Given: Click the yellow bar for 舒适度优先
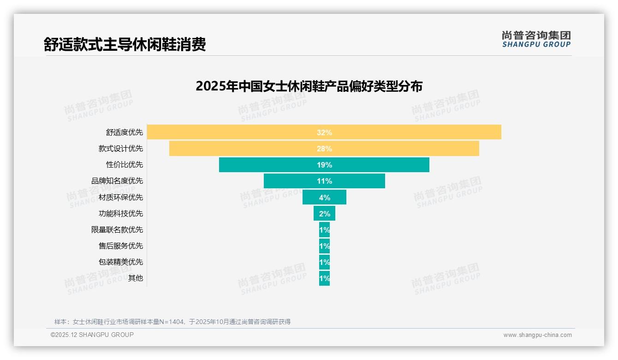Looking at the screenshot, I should (231, 132).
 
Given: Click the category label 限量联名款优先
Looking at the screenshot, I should (117, 229).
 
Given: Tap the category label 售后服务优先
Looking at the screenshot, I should (121, 246).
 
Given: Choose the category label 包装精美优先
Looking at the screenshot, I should (121, 262).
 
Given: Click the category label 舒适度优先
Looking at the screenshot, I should (125, 132).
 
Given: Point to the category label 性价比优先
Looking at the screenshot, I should (125, 165).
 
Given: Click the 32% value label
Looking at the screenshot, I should (324, 132).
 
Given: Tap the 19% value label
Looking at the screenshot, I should (324, 165).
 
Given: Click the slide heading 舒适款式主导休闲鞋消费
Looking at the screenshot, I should (125, 44).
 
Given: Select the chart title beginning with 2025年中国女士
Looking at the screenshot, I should (309, 86).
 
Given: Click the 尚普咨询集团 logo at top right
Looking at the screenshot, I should (536, 39).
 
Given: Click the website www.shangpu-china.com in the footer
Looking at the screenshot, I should (537, 335).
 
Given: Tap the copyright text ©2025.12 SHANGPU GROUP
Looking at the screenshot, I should (92, 335).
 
